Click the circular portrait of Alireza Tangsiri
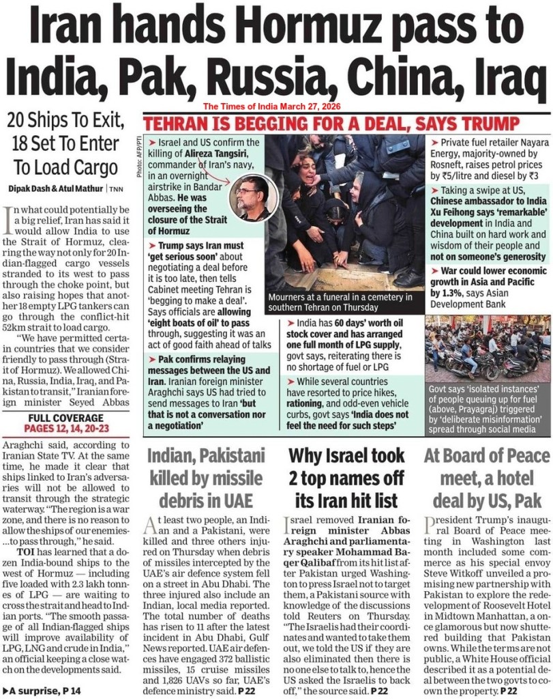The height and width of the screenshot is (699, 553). [x=252, y=198]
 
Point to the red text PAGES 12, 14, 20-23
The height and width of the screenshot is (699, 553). [x=67, y=428]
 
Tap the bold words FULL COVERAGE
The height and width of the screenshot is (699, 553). [x=67, y=417]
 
